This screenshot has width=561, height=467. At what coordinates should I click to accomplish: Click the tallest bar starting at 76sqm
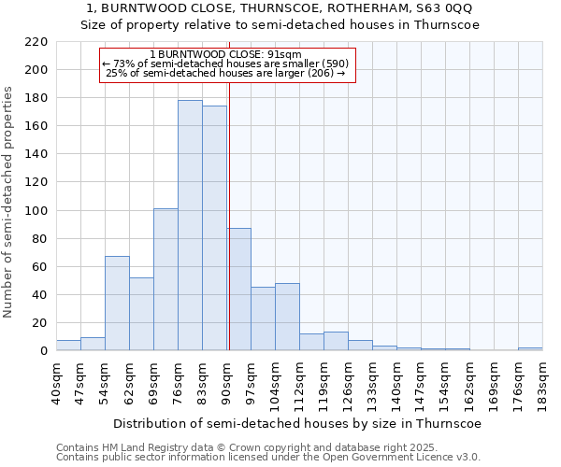pyautogui.click(x=190, y=225)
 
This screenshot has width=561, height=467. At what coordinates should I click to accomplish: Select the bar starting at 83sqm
pyautogui.click(x=214, y=228)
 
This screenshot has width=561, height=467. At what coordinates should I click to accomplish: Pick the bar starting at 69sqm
pyautogui.click(x=165, y=279)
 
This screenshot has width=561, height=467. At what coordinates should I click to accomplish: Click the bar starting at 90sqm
pyautogui.click(x=238, y=290)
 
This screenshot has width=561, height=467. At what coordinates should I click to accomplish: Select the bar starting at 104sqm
pyautogui.click(x=287, y=317)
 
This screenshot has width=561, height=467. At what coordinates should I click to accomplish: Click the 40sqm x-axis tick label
pyautogui.click(x=56, y=383)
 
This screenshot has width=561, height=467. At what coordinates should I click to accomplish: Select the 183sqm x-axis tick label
pyautogui.click(x=542, y=383)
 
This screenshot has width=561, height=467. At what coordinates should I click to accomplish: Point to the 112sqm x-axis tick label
pyautogui.click(x=299, y=383)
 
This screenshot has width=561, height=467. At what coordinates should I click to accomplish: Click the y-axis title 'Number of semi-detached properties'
pyautogui.click(x=9, y=202)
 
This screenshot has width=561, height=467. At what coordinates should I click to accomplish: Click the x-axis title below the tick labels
pyautogui.click(x=297, y=423)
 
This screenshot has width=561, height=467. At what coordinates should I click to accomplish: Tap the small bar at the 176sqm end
pyautogui.click(x=530, y=348)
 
